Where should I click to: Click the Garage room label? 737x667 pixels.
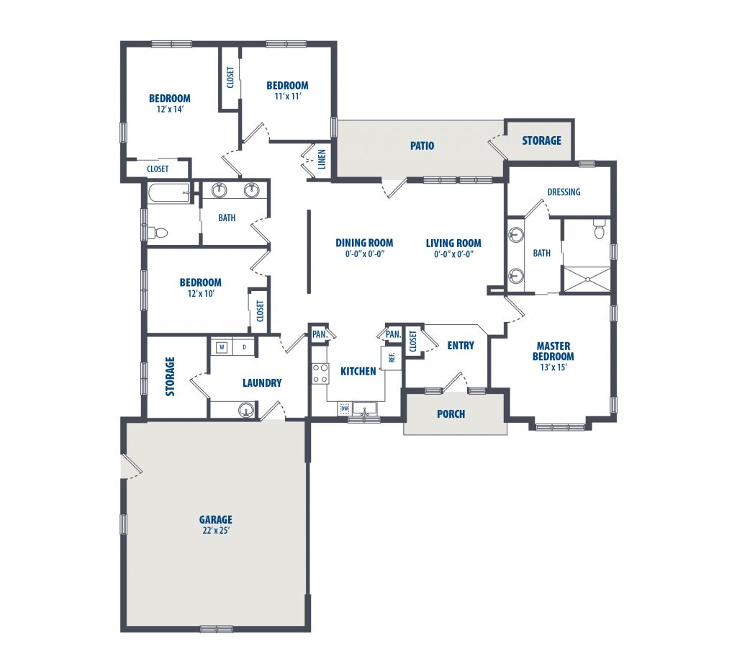pyautogui.click(x=216, y=520)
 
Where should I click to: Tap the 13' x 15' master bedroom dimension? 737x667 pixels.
pyautogui.click(x=553, y=367)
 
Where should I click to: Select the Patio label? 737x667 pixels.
pyautogui.click(x=422, y=146)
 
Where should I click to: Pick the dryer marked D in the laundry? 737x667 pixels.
pyautogui.click(x=245, y=348)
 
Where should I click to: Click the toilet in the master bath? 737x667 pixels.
pyautogui.click(x=599, y=230)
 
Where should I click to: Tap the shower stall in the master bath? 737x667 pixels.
pyautogui.click(x=587, y=279)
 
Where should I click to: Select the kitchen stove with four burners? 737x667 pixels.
pyautogui.click(x=320, y=374)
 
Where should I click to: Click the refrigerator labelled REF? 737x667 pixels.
pyautogui.click(x=392, y=358)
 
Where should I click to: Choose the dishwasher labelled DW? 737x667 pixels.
pyautogui.click(x=345, y=408)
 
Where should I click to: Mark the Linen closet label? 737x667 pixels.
pyautogui.click(x=322, y=159)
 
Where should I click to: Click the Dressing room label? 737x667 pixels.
pyautogui.click(x=564, y=192)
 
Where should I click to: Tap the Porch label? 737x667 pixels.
pyautogui.click(x=451, y=414)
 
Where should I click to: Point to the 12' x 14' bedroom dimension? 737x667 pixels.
pyautogui.click(x=170, y=109)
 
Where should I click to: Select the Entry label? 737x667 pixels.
pyautogui.click(x=461, y=346)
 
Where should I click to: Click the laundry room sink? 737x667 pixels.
pyautogui.click(x=245, y=410)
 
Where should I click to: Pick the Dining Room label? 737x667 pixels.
pyautogui.click(x=364, y=243)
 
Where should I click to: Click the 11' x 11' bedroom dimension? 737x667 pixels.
pyautogui.click(x=287, y=96)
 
